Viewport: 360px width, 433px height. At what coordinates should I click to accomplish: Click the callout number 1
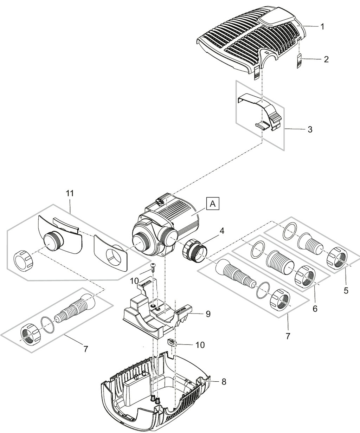[x=322, y=27]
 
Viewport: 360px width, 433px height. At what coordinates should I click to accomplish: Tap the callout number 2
[x=326, y=59]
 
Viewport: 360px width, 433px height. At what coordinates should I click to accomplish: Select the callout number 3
[x=310, y=129]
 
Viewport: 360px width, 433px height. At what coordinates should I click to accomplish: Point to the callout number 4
[x=222, y=231]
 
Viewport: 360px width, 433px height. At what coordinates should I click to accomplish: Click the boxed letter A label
[x=213, y=204]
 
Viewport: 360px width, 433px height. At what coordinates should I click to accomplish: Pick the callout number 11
[x=70, y=193]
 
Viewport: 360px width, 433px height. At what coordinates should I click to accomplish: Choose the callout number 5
[x=346, y=291]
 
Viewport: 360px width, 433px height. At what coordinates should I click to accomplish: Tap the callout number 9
[x=208, y=314]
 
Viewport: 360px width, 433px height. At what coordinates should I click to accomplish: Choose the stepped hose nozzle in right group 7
[x=235, y=274]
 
